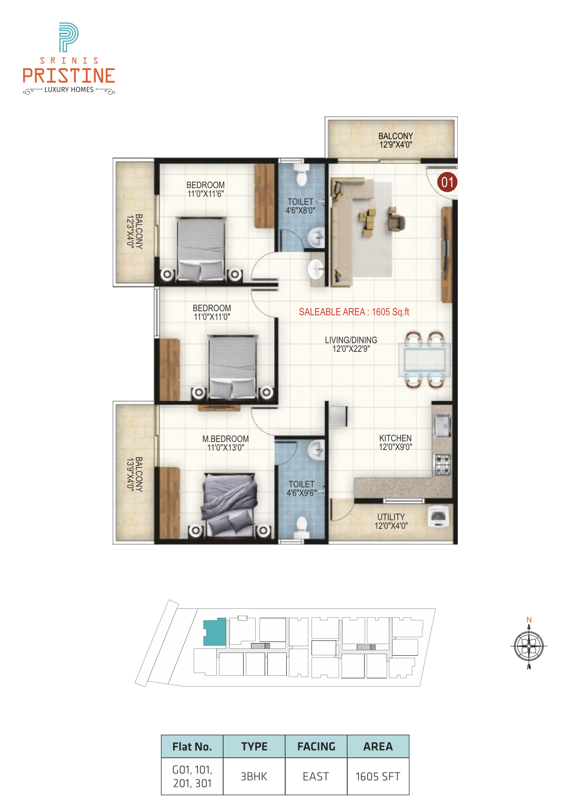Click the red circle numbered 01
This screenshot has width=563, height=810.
coord(447,182)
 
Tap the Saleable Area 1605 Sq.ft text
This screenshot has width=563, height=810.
coord(354,312)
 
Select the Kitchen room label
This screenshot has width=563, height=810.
coord(395,442)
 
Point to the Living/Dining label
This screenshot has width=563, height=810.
coord(351,344)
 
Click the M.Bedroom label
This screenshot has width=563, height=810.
coord(226,443)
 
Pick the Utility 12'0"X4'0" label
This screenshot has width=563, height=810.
coord(391,521)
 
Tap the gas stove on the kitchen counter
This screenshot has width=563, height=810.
coord(443,465)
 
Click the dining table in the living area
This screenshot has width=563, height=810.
coord(425,360)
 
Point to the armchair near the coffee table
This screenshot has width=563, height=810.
coord(396,221)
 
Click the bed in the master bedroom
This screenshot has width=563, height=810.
coord(229,504)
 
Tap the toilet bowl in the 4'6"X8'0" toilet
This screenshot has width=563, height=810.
coord(300,176)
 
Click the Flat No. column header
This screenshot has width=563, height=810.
coord(192,746)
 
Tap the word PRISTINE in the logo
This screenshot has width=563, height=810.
coord(69,76)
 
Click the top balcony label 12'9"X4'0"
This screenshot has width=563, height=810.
coord(396,145)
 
